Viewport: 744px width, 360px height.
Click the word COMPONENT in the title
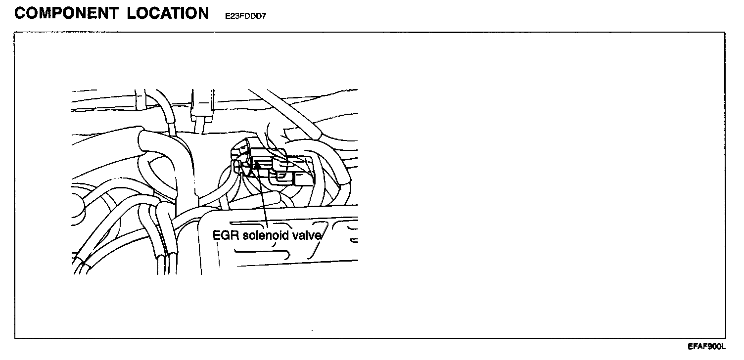pyautogui.click(x=66, y=13)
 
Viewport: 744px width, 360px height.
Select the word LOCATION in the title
pyautogui.click(x=168, y=13)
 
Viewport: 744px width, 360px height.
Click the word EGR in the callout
pyautogui.click(x=222, y=235)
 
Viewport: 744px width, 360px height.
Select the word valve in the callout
pyautogui.click(x=310, y=235)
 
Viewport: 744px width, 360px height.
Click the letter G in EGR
pyautogui.click(x=222, y=235)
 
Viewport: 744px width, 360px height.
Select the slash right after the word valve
pyautogui.click(x=321, y=235)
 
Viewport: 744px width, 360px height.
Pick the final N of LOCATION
pyautogui.click(x=203, y=13)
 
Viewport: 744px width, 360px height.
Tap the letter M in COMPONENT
pyautogui.click(x=51, y=13)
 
